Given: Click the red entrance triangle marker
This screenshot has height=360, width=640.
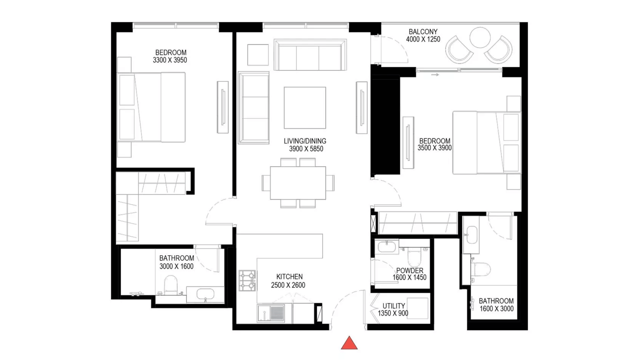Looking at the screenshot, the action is pos(349,343).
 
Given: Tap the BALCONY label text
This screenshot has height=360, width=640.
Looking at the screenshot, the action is pos(423,32).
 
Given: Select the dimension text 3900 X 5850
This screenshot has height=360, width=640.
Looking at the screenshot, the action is pos(306,149).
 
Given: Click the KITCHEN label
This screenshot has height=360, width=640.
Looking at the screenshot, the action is pos(289,277).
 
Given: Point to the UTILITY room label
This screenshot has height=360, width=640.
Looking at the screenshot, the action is pos(394,306).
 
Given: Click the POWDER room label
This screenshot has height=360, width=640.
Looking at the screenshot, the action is pos(410,270).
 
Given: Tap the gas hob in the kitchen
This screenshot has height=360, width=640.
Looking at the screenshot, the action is pos(247,280).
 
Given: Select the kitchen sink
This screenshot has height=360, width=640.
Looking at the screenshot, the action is pos(271,313).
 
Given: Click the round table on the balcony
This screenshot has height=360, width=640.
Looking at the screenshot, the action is pos(480,37).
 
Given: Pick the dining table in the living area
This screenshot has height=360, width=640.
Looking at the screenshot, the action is pos(298,183).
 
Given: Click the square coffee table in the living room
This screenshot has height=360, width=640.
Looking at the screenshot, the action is pos(305,108).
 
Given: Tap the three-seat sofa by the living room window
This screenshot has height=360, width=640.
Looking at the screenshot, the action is pos(310,55).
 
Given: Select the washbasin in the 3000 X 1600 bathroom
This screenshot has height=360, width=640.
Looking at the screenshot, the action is pos(205,294).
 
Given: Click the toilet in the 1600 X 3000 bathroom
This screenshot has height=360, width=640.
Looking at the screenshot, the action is pos(481,269).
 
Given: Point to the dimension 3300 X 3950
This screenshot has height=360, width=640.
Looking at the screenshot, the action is pos(170,60).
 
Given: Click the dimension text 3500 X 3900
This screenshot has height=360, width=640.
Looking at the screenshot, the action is pos(435,148).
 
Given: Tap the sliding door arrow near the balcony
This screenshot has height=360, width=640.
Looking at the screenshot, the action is pos(435,75).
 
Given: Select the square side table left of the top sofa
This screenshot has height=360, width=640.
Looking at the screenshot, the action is pos(258,55).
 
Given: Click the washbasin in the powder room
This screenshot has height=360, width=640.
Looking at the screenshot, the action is pos(387,247).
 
